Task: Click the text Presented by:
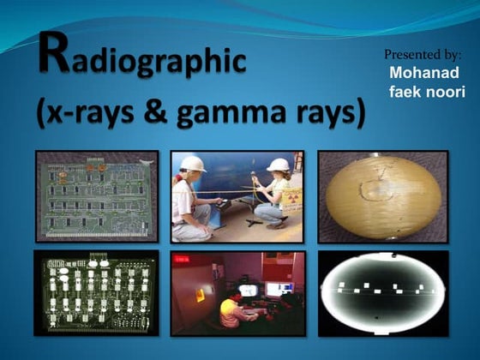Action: (423, 55)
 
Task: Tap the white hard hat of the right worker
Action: (278, 165)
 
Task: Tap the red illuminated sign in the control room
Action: (183, 258)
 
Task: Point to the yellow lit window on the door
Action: (200, 295)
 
